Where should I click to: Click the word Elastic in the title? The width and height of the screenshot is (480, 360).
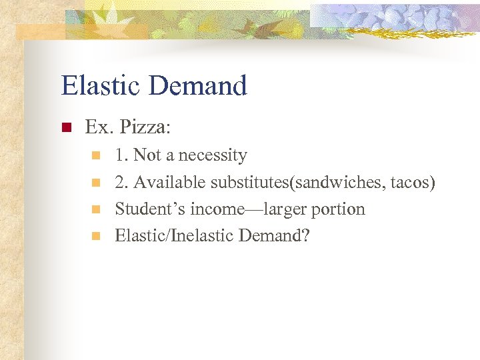(100, 86)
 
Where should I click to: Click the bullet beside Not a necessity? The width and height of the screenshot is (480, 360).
(96, 156)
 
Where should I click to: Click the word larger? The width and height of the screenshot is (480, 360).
(282, 209)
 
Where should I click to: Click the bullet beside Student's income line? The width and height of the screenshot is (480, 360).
(96, 209)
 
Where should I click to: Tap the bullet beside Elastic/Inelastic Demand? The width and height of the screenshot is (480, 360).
(96, 236)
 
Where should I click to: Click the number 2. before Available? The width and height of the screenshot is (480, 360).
(121, 182)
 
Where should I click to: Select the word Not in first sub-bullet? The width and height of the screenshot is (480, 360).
(147, 155)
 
